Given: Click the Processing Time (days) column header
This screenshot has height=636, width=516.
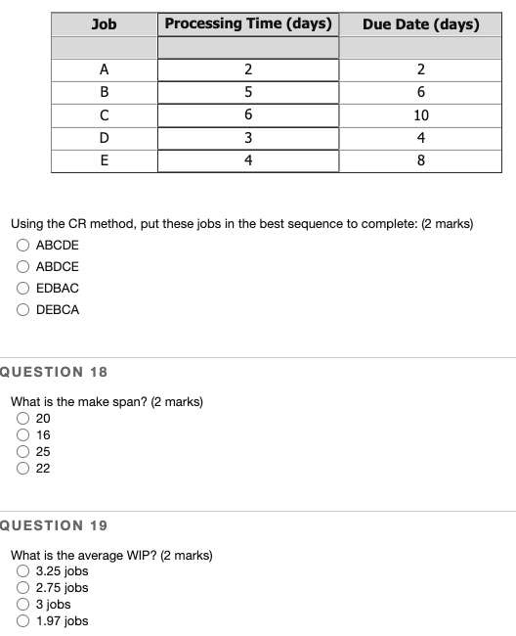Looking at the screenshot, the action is pyautogui.click(x=248, y=23).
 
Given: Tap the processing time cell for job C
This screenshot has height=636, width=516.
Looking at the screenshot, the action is pyautogui.click(x=248, y=114).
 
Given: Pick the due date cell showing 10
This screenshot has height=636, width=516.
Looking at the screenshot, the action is pyautogui.click(x=420, y=114).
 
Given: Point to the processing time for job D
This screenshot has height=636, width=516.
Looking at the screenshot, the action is pyautogui.click(x=248, y=138).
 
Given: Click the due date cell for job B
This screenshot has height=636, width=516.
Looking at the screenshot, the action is pyautogui.click(x=420, y=92).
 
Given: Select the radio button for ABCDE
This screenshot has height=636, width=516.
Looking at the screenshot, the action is pyautogui.click(x=21, y=245).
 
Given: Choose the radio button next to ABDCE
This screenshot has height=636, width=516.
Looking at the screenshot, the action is pyautogui.click(x=21, y=266).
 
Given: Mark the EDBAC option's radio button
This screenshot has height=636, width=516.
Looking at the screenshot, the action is pyautogui.click(x=21, y=288).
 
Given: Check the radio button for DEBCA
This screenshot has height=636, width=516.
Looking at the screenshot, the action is pyautogui.click(x=21, y=309).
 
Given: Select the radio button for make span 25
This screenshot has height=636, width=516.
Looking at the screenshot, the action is pyautogui.click(x=23, y=451).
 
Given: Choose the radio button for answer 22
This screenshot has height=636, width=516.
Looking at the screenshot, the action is pyautogui.click(x=23, y=468).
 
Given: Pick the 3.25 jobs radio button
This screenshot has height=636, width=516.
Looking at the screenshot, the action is pyautogui.click(x=23, y=571).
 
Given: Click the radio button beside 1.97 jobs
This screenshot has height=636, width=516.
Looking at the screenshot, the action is pyautogui.click(x=23, y=620).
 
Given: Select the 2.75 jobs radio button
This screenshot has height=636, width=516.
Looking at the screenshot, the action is pyautogui.click(x=23, y=588).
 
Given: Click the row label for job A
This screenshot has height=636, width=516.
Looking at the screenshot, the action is pyautogui.click(x=104, y=68).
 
